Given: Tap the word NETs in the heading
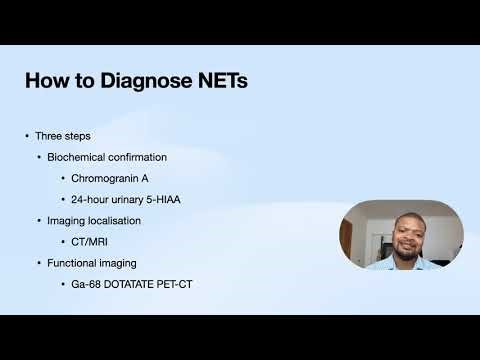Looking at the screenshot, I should tap(220, 80).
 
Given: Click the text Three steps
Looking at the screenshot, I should tap(65, 135).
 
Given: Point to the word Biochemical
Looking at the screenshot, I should tap(78, 157).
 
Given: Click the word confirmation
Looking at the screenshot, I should tap(138, 157).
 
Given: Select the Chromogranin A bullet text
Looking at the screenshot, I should tap(113, 178).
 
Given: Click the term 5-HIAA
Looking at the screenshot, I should tap(161, 199).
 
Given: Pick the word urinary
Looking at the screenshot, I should tap(127, 199).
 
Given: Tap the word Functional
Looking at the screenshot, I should tap(74, 262).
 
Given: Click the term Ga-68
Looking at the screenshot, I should tap(86, 283).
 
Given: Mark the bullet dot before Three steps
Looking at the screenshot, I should tap(27, 135).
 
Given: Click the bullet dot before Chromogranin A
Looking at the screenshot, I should tap(63, 178).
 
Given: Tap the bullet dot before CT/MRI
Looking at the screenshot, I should tap(63, 241).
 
